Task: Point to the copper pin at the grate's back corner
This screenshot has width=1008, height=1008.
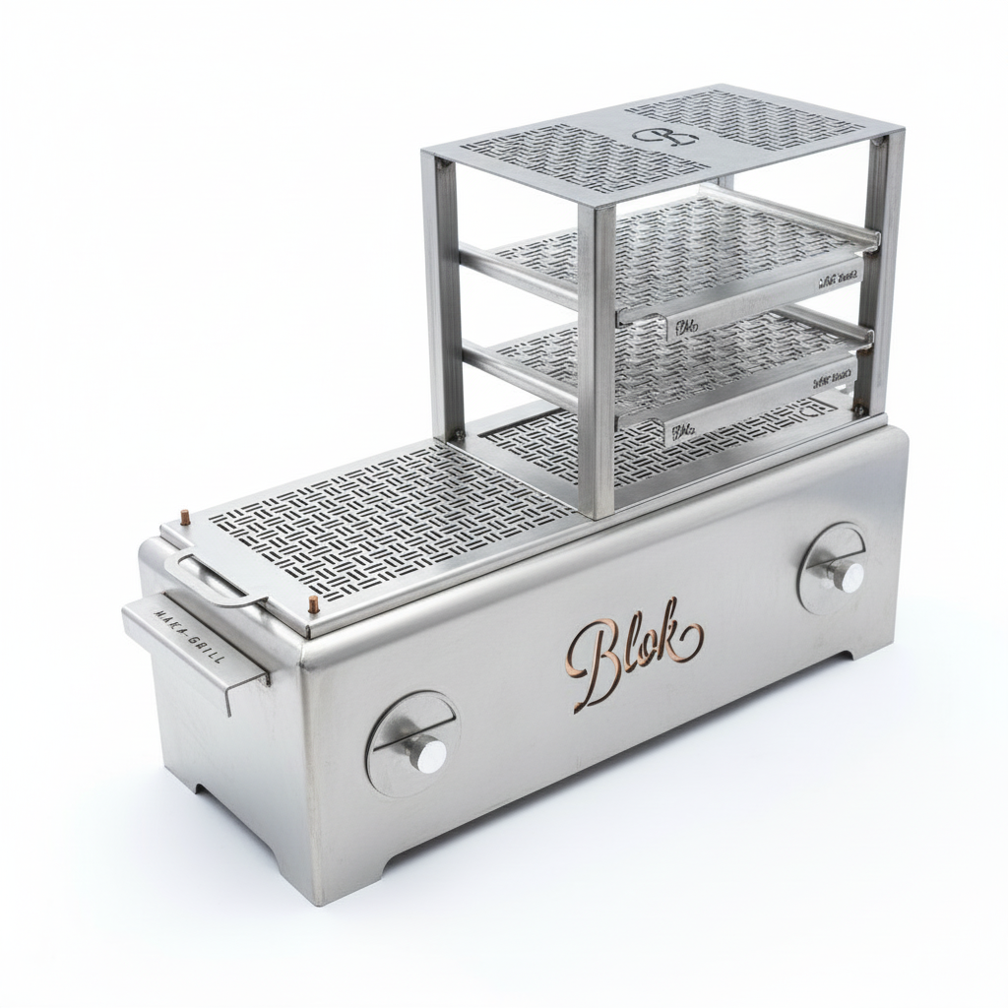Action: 184,516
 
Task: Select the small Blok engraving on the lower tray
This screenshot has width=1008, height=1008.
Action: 682,429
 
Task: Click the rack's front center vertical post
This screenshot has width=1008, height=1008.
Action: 597,354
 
